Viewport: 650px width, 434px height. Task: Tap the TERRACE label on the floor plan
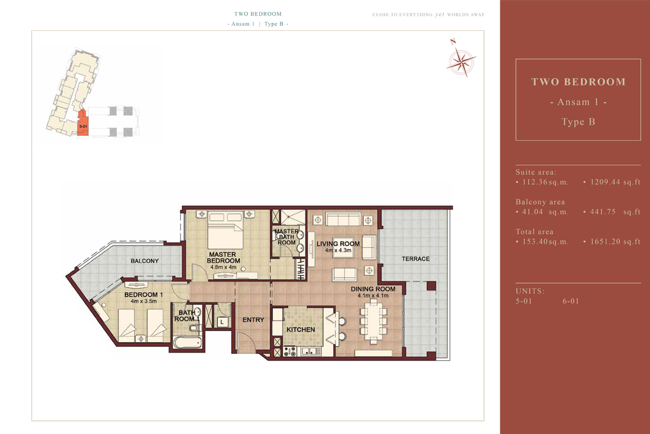[415, 259]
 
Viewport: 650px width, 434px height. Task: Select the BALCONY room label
[145, 261]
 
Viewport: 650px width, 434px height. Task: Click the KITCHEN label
[301, 330]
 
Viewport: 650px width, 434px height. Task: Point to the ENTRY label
[253, 320]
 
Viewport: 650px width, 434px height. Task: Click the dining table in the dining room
[373, 321]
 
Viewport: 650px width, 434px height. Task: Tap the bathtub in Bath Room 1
[187, 343]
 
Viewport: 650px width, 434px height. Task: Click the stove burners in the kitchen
[290, 352]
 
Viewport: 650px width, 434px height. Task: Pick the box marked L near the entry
[222, 322]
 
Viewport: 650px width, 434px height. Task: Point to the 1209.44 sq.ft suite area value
[615, 182]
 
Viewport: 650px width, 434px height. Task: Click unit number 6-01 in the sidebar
[571, 301]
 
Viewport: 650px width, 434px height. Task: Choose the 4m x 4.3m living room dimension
[338, 250]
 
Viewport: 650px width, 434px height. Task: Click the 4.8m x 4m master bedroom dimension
[223, 267]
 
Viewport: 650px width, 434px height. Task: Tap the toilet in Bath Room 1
[195, 328]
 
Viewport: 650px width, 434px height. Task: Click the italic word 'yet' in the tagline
[440, 15]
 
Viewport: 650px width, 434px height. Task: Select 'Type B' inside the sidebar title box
[578, 122]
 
